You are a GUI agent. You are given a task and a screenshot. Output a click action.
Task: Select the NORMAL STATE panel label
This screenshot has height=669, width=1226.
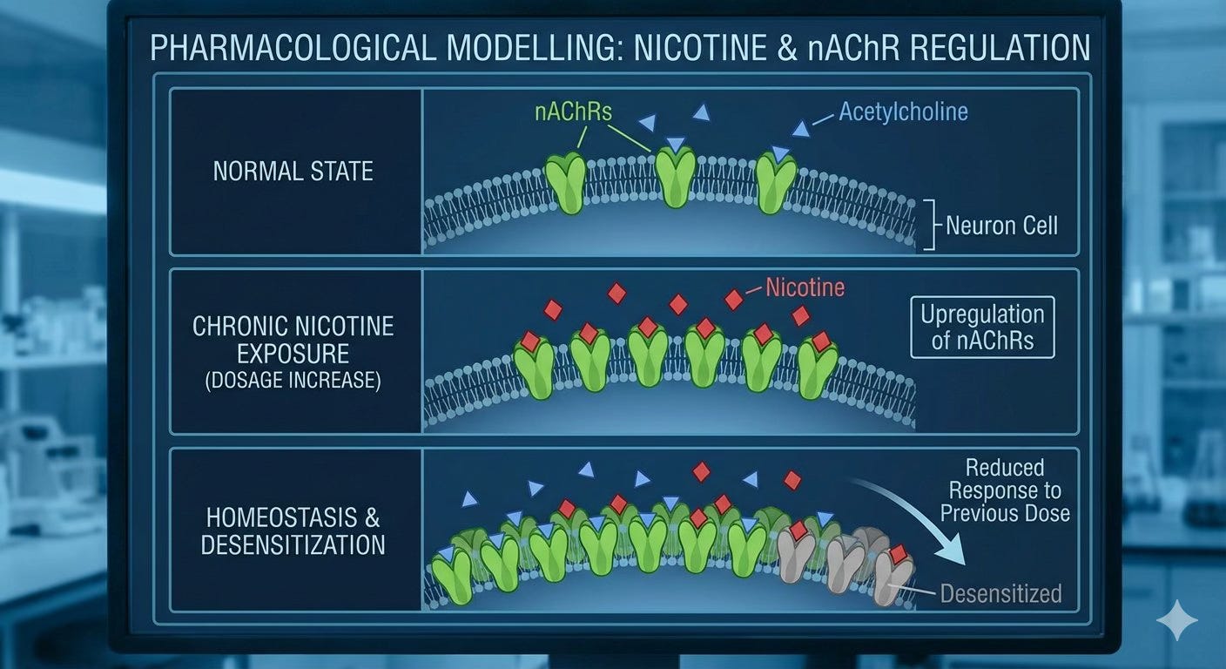pyautogui.click(x=293, y=171)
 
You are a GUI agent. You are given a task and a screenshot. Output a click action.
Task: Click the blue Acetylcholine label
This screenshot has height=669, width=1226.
pyautogui.click(x=903, y=112)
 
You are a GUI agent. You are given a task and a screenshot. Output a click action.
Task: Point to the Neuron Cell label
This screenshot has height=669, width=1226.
pyautogui.click(x=1001, y=226)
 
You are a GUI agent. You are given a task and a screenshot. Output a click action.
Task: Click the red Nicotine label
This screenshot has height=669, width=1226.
pyautogui.click(x=805, y=287)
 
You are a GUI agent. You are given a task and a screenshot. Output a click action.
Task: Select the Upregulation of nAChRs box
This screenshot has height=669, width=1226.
pyautogui.click(x=982, y=327)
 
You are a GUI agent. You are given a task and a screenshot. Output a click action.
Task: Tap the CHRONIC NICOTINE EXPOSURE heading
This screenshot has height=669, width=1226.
pyautogui.click(x=293, y=340)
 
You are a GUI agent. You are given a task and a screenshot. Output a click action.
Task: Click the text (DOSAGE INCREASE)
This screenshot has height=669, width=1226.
pyautogui.click(x=293, y=382)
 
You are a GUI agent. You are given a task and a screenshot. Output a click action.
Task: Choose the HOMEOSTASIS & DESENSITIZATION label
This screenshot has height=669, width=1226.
pyautogui.click(x=293, y=530)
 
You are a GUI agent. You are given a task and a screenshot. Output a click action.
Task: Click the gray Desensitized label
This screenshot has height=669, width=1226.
pyautogui.click(x=1000, y=594)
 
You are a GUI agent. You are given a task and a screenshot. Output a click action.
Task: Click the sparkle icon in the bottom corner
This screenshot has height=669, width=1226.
pyautogui.click(x=1176, y=620)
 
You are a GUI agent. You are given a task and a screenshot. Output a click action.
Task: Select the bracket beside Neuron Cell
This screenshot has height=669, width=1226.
pyautogui.click(x=930, y=225)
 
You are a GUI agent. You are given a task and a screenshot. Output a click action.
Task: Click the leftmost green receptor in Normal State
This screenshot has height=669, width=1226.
pyautogui.click(x=565, y=184)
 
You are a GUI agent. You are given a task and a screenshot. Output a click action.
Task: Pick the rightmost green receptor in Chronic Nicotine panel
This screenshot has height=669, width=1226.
pyautogui.click(x=818, y=368)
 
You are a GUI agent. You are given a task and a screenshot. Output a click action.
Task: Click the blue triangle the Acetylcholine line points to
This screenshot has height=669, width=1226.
pyautogui.click(x=800, y=129)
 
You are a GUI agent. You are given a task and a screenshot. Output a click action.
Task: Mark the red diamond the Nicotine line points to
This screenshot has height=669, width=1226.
pyautogui.click(x=734, y=300)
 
